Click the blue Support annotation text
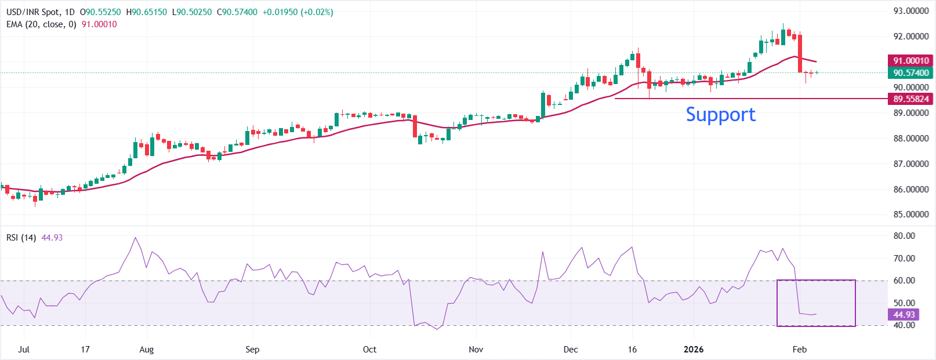point(720,114)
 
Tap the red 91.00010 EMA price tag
point(910,60)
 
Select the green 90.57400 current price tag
point(910,73)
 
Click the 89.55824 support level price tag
point(910,99)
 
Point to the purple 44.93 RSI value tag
point(904,315)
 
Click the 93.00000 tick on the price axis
point(911,11)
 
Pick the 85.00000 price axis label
point(911,214)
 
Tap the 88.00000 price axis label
point(911,139)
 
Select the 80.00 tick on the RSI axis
point(904,236)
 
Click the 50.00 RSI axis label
point(904,303)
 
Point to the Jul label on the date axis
point(24,350)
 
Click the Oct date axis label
point(369,350)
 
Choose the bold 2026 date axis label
point(694,350)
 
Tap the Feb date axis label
point(800,350)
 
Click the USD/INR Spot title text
point(33,12)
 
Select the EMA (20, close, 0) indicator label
point(41,24)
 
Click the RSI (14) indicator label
point(21,238)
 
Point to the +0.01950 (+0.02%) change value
point(298,12)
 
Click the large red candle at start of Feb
point(800,53)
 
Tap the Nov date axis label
point(476,350)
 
